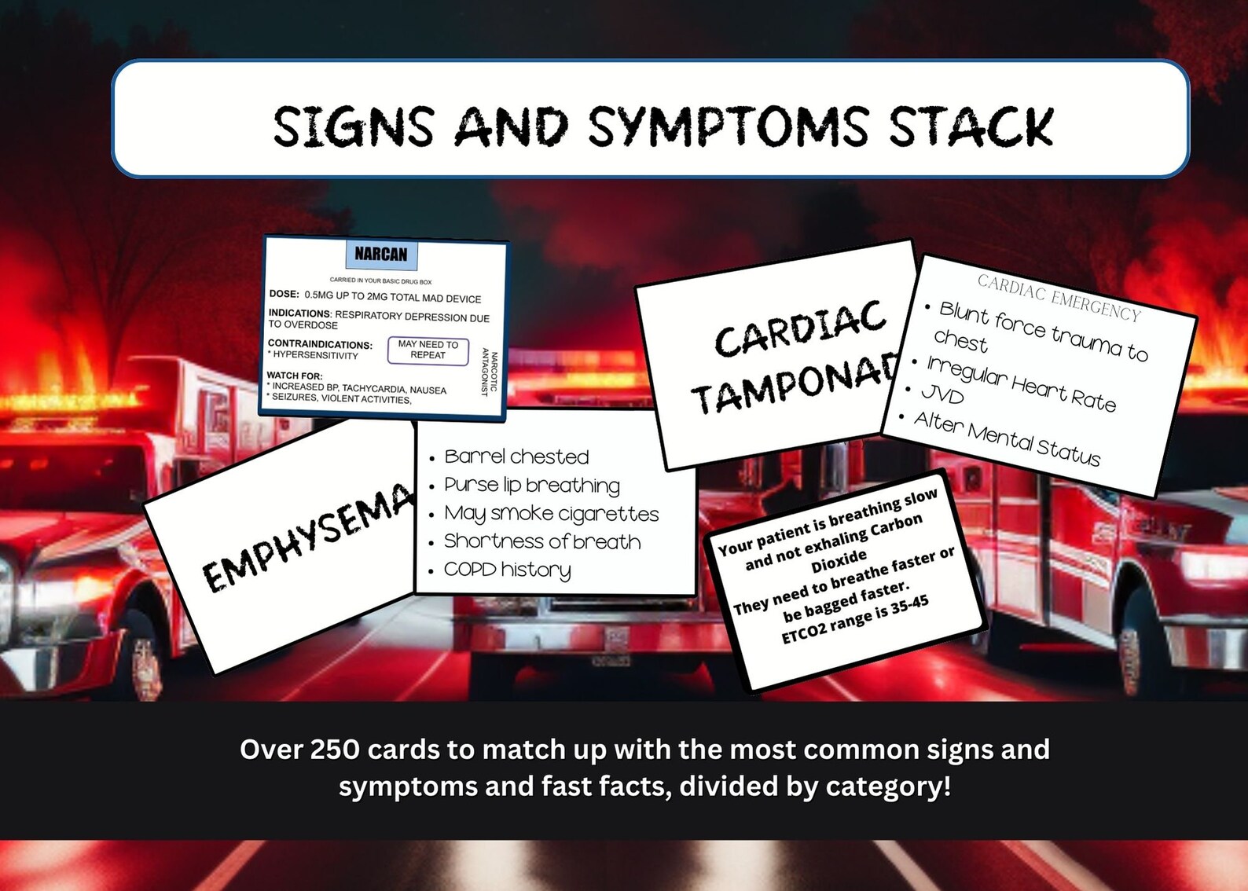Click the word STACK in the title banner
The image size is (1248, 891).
(971, 127)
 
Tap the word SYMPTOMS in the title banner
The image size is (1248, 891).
(728, 127)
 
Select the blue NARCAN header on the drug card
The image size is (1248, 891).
(381, 254)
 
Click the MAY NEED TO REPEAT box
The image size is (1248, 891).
(428, 350)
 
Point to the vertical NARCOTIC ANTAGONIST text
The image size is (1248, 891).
(489, 372)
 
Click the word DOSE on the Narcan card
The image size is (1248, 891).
(284, 294)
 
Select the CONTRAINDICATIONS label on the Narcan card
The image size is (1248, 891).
(320, 344)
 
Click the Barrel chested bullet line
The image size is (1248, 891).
(516, 456)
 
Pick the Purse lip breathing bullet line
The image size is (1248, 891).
(531, 485)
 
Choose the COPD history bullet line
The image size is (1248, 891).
(507, 570)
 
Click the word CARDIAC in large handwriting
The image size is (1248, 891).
(800, 328)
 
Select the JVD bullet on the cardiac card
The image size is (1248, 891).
(942, 394)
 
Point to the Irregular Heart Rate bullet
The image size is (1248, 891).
(1021, 383)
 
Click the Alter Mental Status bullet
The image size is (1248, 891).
(1007, 438)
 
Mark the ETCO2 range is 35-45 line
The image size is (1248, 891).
(855, 619)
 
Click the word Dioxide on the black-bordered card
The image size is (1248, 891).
(839, 561)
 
